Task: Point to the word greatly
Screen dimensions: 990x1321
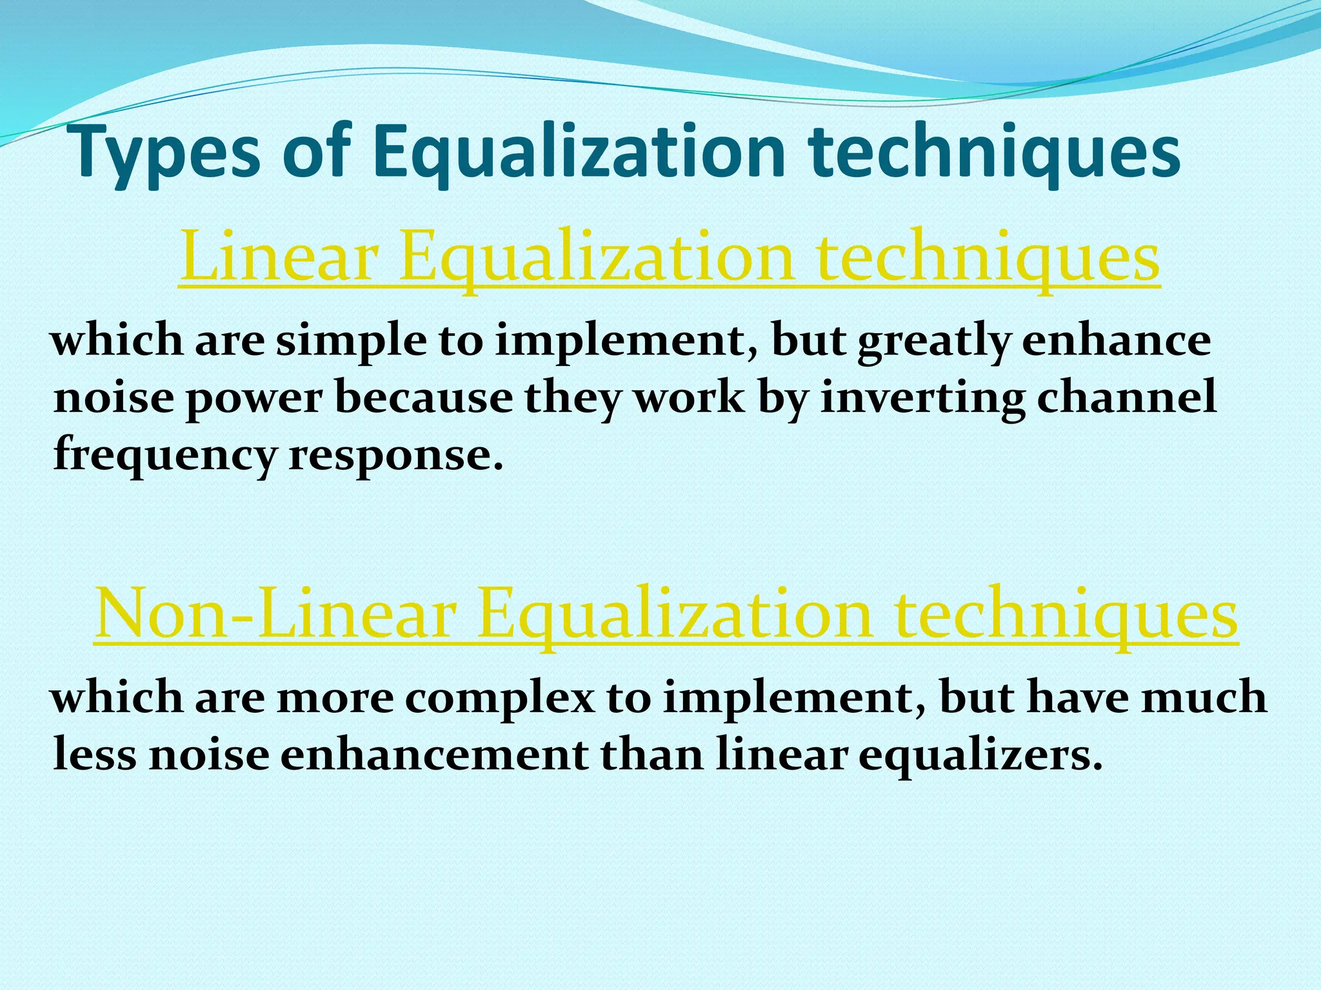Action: pyautogui.click(x=933, y=342)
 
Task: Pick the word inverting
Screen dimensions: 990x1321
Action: pyautogui.click(x=922, y=398)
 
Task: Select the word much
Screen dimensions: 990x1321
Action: pyautogui.click(x=1204, y=697)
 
